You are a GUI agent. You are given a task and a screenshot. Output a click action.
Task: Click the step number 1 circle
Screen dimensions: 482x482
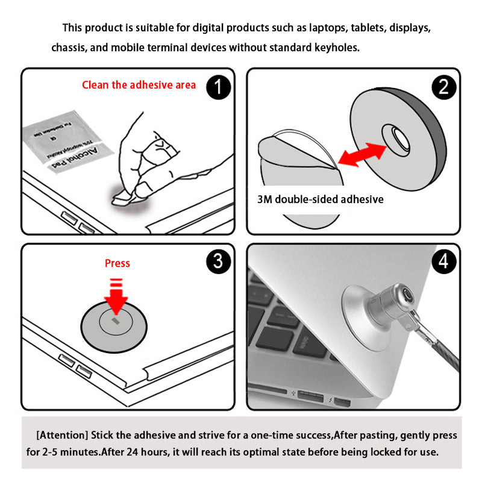[x=219, y=87]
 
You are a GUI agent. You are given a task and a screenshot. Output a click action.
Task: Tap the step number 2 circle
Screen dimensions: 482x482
[x=443, y=87]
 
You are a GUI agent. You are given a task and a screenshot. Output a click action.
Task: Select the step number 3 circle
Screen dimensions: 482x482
[x=219, y=261]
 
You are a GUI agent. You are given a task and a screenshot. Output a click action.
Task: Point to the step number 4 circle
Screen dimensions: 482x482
[x=443, y=261]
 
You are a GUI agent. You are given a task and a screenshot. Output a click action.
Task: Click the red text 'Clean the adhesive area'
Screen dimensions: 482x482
[x=139, y=85]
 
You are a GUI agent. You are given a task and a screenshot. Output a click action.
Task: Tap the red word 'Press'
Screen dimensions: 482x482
[x=117, y=263]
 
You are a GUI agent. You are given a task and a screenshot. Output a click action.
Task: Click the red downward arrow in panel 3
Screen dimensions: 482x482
[x=116, y=295]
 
